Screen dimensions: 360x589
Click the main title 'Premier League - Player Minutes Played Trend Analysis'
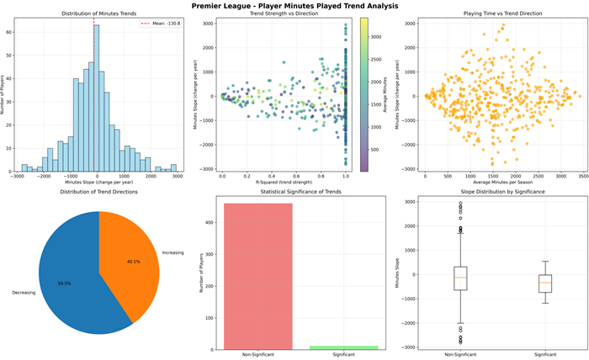click(x=294, y=5)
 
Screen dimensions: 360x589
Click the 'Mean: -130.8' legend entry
click(x=161, y=25)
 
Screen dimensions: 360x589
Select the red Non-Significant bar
click(x=258, y=278)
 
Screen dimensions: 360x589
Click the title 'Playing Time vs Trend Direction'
click(x=492, y=14)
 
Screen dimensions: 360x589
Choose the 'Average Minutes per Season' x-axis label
click(x=492, y=182)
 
